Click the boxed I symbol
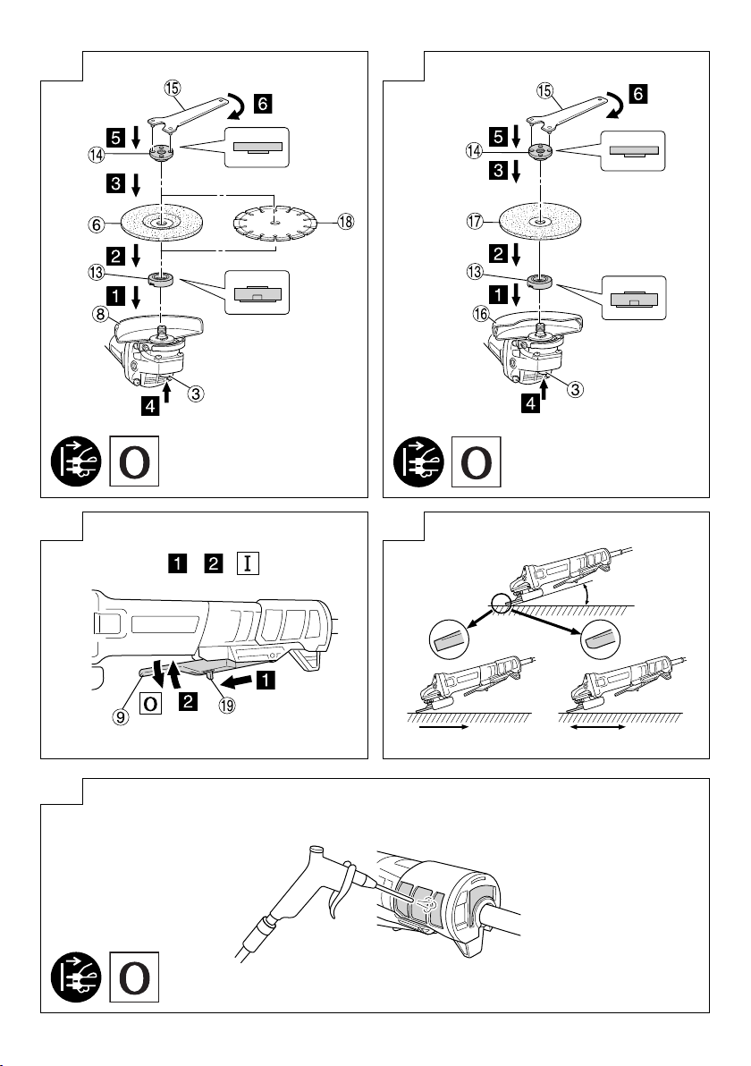(246, 564)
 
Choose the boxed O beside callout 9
(152, 702)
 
